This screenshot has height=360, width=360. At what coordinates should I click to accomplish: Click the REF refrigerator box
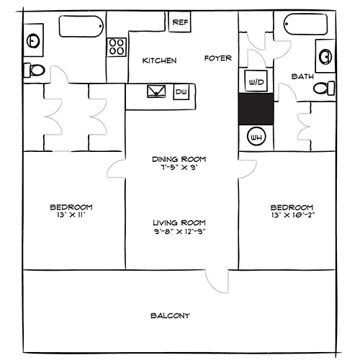pyautogui.click(x=180, y=22)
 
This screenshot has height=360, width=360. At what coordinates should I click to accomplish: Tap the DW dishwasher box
pyautogui.click(x=181, y=91)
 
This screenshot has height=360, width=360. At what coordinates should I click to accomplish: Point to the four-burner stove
pyautogui.click(x=117, y=47)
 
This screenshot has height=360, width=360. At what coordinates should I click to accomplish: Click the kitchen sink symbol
pyautogui.click(x=156, y=91)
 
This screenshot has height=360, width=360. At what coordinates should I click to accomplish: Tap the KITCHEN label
pyautogui.click(x=159, y=60)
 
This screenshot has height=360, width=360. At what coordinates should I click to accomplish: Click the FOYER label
pyautogui.click(x=217, y=58)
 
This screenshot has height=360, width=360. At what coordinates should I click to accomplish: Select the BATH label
pyautogui.click(x=302, y=76)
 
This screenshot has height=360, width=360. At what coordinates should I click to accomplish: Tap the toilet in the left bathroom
pyautogui.click(x=34, y=70)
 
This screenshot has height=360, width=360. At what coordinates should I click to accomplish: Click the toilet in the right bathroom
pyautogui.click(x=325, y=88)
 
